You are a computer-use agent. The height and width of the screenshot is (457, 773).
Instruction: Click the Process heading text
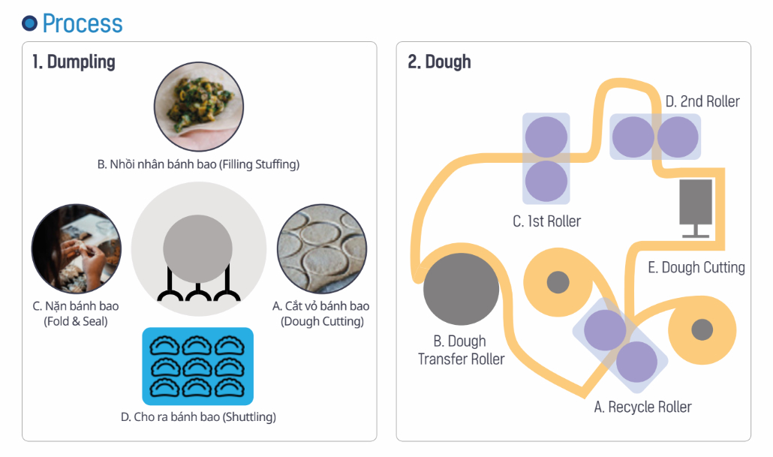point(83,23)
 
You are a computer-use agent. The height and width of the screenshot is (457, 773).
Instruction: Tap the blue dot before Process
point(29,23)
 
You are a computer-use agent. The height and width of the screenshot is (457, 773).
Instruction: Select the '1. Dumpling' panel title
point(74,62)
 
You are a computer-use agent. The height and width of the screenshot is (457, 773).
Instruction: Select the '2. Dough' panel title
point(439,62)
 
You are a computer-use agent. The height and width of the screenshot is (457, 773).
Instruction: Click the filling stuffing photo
point(198,107)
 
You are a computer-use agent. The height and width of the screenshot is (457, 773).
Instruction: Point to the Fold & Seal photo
point(77,248)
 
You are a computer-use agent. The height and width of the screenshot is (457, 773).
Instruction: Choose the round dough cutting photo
point(321,248)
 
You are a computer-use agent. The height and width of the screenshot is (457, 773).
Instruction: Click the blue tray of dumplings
point(198,365)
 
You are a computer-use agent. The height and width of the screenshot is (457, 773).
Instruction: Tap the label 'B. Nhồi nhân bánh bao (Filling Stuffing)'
point(198,164)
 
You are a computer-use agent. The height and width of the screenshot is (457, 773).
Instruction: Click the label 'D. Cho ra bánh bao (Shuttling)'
point(198,416)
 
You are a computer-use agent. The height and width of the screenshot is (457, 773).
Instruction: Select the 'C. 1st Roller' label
point(547,221)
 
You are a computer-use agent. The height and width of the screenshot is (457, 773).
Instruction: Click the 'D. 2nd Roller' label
point(702,101)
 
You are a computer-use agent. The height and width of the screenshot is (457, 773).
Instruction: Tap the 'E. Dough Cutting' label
point(696,267)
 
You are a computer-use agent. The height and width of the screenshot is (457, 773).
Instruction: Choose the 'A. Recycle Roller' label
point(642,407)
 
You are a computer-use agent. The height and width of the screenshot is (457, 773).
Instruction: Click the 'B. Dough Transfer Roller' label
point(462,350)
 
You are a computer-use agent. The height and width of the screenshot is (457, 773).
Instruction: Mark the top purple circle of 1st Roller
point(546,137)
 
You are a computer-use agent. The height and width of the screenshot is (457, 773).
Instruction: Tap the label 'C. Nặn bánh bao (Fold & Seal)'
point(76,314)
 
